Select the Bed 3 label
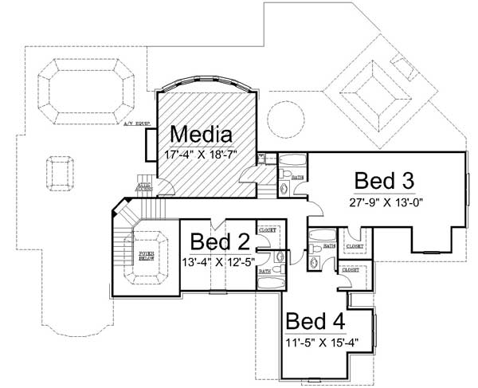click(x=384, y=179)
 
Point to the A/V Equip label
click(x=136, y=123)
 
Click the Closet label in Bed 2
click(x=267, y=229)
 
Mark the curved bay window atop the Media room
click(x=206, y=81)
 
